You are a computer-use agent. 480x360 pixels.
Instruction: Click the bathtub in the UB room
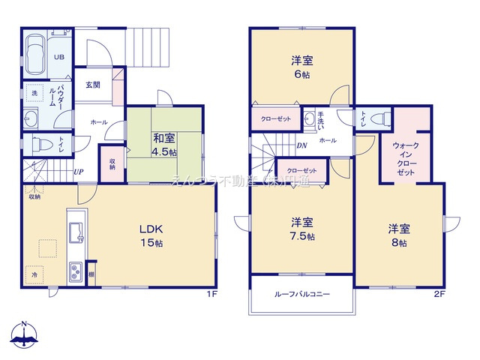36,54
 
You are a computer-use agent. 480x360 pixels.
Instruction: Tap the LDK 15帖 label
149,235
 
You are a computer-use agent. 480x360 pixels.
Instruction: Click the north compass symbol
25,335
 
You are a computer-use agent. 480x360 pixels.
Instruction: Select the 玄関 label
92,85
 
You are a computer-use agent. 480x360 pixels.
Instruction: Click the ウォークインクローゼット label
405,160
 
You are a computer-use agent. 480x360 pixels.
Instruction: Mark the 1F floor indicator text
211,293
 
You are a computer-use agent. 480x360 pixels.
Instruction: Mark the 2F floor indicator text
439,293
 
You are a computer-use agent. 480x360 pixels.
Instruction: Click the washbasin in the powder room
31,118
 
